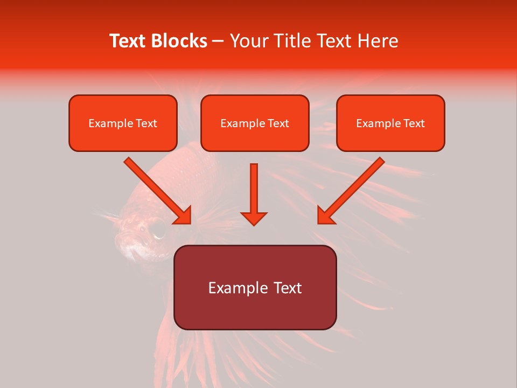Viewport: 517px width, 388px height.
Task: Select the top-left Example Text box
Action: click(123, 123)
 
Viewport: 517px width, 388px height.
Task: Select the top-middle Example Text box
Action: click(255, 123)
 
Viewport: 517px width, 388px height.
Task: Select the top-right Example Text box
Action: click(390, 123)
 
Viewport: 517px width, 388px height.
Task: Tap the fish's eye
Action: click(157, 230)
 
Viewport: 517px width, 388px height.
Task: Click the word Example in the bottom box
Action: click(234, 288)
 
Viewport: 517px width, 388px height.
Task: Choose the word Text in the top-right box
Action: click(414, 123)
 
